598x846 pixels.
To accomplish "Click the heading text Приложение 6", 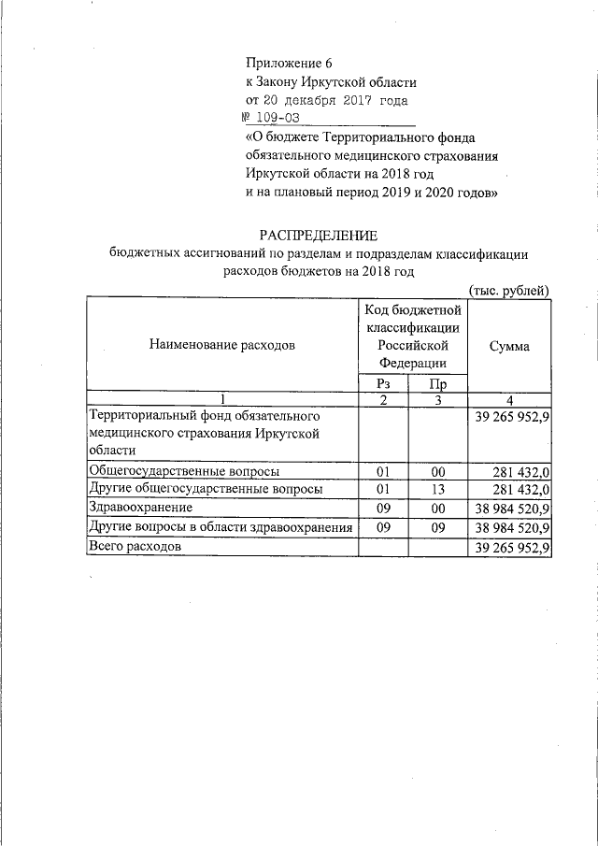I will (x=288, y=64).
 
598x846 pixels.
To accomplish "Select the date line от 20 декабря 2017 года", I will (x=326, y=99).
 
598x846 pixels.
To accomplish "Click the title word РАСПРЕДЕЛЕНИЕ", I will (x=318, y=234).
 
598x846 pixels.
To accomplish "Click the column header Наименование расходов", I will (x=221, y=345).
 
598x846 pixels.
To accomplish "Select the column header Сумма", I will (x=509, y=346).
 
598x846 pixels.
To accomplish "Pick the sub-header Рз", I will (x=383, y=383).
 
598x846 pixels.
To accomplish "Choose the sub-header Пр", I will (x=436, y=383).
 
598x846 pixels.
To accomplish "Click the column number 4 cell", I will (x=509, y=399).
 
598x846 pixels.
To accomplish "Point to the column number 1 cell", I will (x=221, y=399).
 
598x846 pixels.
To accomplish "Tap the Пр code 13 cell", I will (x=436, y=489).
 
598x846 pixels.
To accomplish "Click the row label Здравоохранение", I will (x=140, y=508).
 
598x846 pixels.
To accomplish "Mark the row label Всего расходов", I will (x=134, y=547).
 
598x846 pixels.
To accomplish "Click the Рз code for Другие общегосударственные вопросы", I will (x=383, y=489).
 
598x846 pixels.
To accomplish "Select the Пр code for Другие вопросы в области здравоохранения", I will (x=436, y=528).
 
